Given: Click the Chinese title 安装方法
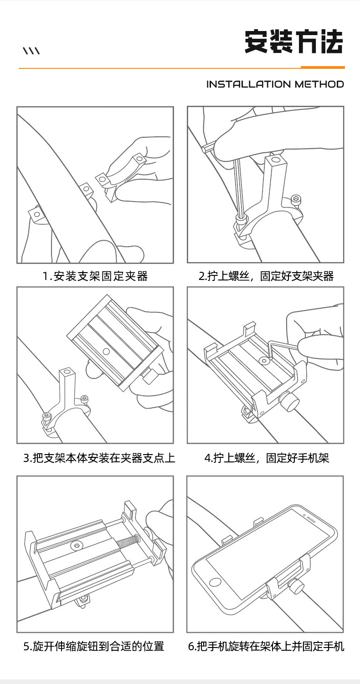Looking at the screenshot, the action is (x=294, y=41).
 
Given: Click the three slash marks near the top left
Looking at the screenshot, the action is (x=31, y=51).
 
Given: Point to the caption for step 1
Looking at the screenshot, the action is (x=95, y=276).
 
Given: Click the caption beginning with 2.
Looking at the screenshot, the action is (x=266, y=276).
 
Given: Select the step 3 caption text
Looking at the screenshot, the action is (x=99, y=458).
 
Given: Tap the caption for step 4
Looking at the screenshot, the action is (x=267, y=458).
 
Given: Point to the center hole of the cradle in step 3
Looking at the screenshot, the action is (x=107, y=352).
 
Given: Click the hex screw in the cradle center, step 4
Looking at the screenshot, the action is (x=263, y=361).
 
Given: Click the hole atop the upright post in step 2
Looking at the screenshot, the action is (x=276, y=160).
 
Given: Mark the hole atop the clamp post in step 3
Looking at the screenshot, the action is (x=67, y=372).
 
